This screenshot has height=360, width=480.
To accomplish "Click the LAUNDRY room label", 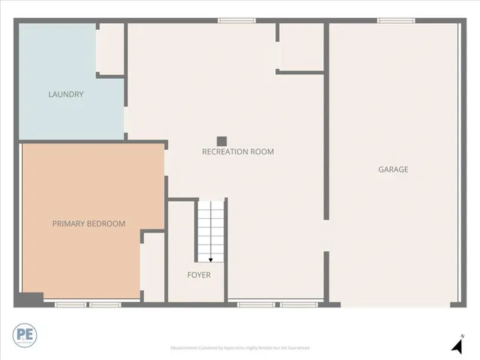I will [x=65, y=94].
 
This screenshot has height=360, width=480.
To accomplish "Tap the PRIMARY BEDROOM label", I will [x=88, y=223].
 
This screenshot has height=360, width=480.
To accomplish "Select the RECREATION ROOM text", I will [x=238, y=151].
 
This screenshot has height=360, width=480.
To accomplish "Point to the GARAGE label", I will [x=393, y=169].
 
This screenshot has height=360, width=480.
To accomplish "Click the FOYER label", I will [x=199, y=274].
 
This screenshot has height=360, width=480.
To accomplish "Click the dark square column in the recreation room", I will [x=221, y=140].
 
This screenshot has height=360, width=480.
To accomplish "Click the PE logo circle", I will [x=25, y=334].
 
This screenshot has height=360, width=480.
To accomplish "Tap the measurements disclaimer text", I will [x=240, y=348].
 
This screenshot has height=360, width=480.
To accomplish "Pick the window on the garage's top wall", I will [x=396, y=21].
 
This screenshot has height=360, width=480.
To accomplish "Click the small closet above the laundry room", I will [x=110, y=48].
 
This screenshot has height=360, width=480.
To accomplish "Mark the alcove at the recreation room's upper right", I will [x=301, y=46].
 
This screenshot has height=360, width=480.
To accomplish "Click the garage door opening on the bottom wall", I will [x=395, y=304].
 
